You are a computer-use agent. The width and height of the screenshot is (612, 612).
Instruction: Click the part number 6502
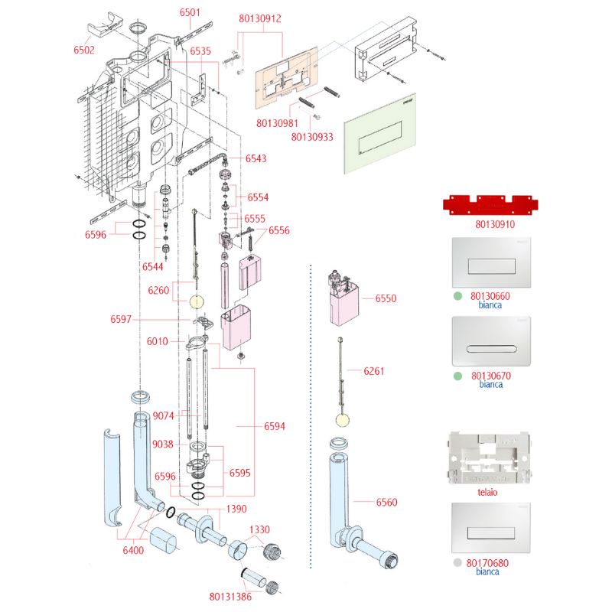(84, 50)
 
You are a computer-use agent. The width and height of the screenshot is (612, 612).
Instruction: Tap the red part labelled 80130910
(490, 204)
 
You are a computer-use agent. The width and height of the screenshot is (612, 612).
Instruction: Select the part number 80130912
(260, 18)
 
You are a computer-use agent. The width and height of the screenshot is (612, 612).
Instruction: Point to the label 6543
(256, 158)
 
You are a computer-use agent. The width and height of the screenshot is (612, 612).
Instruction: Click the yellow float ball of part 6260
(197, 301)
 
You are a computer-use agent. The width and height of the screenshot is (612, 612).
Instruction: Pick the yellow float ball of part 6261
(342, 420)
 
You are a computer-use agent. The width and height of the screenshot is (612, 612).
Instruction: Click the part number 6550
(386, 298)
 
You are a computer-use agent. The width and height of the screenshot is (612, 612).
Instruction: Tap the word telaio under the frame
(487, 492)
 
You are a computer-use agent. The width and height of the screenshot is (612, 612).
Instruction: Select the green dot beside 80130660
(457, 296)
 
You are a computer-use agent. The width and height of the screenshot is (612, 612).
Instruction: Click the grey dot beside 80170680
(457, 562)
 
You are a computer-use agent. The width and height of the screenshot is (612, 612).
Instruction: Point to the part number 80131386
(230, 597)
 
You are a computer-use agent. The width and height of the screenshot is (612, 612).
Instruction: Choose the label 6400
(133, 550)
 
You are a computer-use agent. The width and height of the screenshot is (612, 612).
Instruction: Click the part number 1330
(259, 529)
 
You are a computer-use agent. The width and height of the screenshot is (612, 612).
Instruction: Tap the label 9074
(163, 415)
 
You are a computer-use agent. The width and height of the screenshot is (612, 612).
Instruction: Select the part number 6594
(275, 426)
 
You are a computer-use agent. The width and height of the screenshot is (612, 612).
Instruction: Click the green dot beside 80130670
(457, 376)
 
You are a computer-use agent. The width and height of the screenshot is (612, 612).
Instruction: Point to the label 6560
(386, 503)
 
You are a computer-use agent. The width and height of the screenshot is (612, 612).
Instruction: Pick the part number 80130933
(312, 137)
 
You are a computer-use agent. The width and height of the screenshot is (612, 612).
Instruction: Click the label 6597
(121, 319)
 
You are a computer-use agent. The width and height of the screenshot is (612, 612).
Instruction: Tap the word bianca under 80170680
(487, 571)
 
